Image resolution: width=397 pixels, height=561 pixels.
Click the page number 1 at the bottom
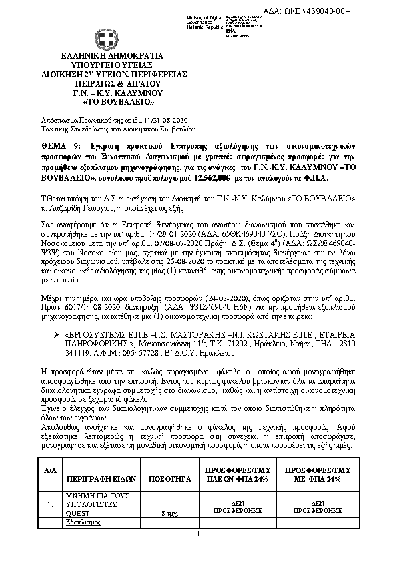[x=198, y=534]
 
